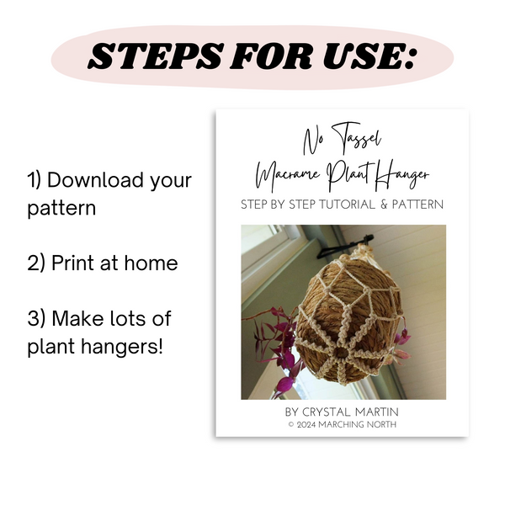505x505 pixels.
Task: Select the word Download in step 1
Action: [x=95, y=180]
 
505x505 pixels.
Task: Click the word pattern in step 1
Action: [x=61, y=209]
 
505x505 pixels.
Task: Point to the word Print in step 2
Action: [x=73, y=263]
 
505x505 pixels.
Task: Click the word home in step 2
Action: [x=151, y=263]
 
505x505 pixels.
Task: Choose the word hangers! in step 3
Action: [x=122, y=347]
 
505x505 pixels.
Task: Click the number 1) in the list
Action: [x=35, y=180]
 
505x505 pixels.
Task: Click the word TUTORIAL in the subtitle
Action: [x=347, y=205]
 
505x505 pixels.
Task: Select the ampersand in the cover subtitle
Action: [x=384, y=205]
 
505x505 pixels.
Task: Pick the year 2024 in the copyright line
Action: [x=306, y=425]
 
